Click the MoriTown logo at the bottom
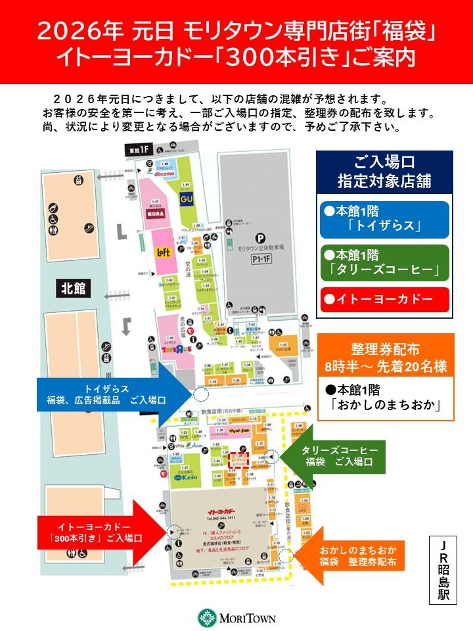point(236,618)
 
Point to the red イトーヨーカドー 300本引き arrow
point(99,532)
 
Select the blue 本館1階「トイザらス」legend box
point(383,220)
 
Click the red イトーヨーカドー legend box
point(383,299)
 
